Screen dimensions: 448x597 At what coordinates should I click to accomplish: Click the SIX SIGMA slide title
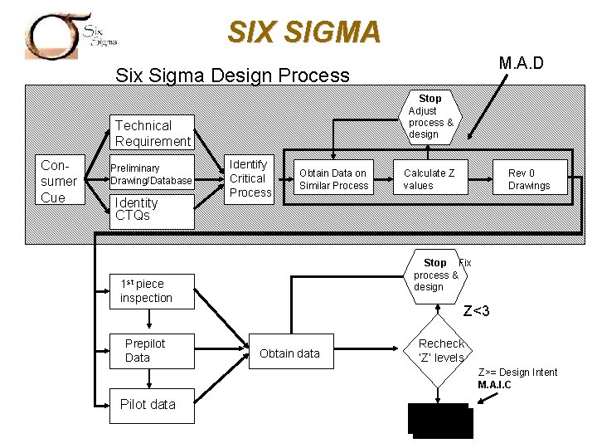(x=304, y=32)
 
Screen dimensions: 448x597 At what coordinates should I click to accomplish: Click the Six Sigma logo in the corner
(x=71, y=35)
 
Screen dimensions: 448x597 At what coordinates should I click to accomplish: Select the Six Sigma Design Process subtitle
(x=232, y=75)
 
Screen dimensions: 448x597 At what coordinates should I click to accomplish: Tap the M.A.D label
(x=521, y=63)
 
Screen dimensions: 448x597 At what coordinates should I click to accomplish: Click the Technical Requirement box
(x=153, y=134)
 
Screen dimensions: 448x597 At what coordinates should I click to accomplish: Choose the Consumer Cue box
(x=60, y=180)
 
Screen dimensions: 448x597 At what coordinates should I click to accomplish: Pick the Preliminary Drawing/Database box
(x=152, y=174)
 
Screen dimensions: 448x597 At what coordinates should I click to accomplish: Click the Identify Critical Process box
(x=250, y=178)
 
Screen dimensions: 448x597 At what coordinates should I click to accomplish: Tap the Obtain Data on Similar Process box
(x=333, y=179)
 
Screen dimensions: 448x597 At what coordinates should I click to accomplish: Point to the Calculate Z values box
(x=429, y=179)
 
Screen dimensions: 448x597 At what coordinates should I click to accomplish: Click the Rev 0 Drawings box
(x=528, y=179)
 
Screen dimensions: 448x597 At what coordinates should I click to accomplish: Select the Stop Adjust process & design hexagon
(x=430, y=117)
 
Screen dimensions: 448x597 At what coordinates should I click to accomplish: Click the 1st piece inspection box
(x=152, y=291)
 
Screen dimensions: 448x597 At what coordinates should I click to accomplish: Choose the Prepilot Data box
(x=152, y=351)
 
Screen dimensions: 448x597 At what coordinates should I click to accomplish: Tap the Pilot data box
(x=152, y=405)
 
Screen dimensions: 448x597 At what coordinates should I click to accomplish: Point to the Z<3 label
(x=476, y=311)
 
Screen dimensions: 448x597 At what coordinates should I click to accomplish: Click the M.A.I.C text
(x=495, y=385)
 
